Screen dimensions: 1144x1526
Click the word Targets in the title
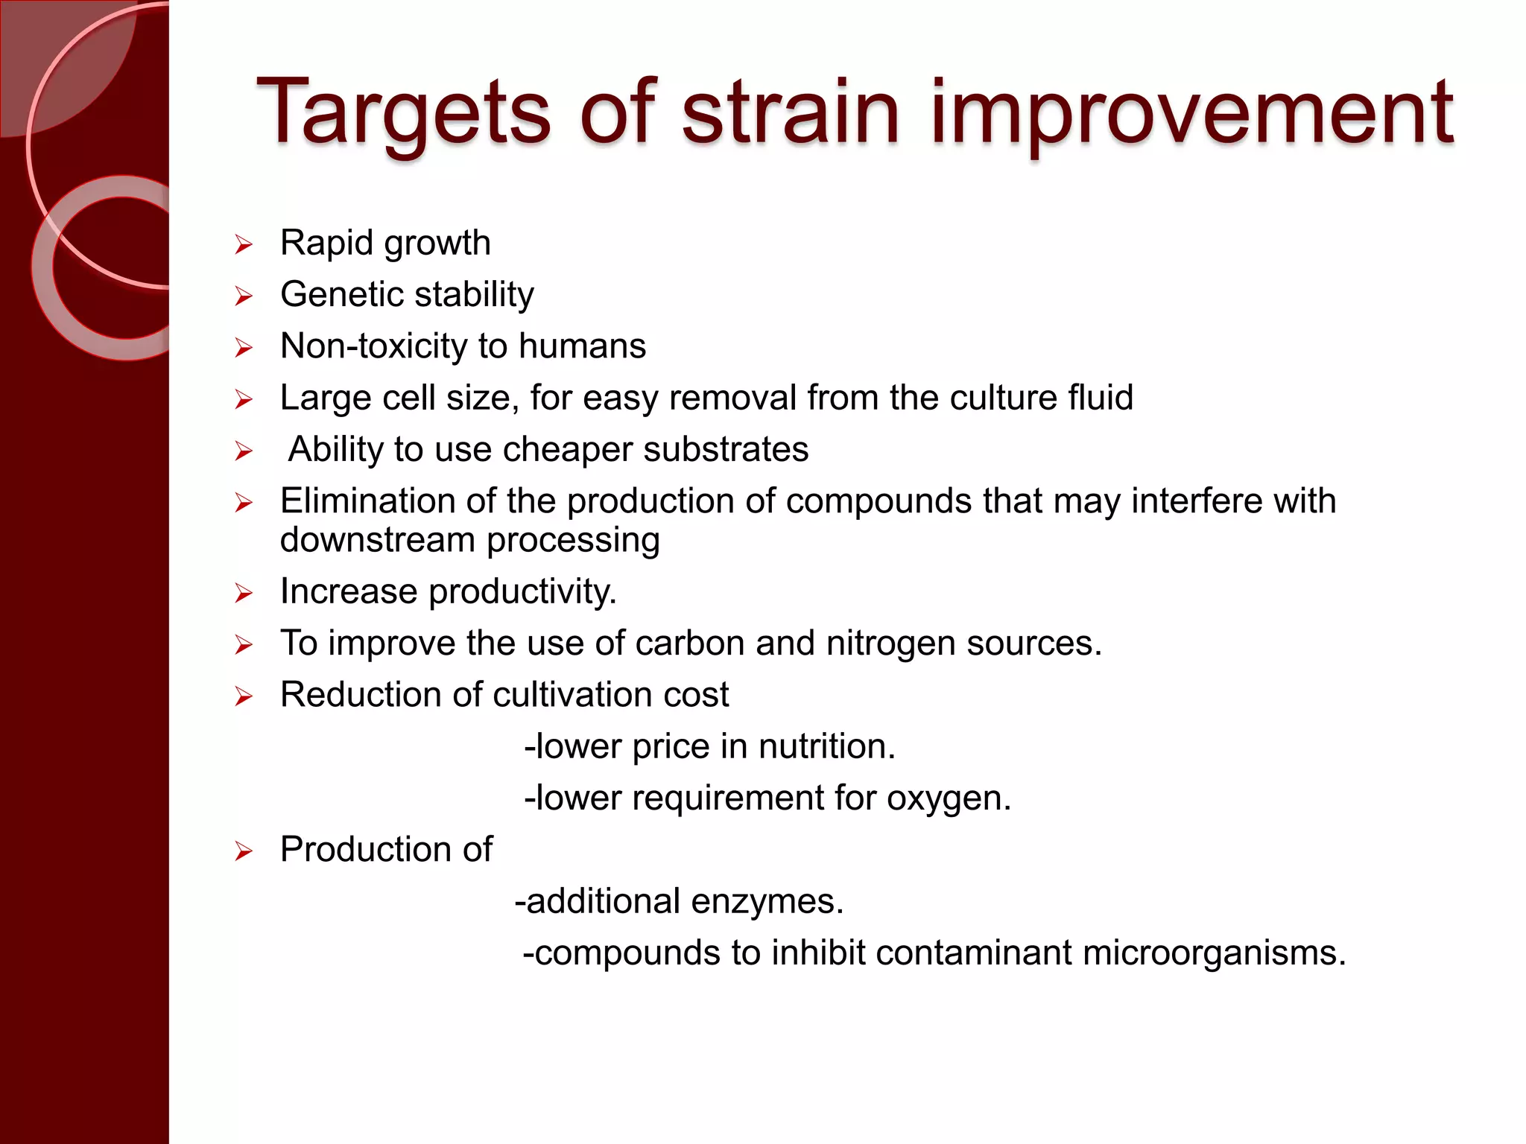402,113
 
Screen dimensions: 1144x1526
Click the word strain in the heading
791,113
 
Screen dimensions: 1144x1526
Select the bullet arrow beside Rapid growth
244,244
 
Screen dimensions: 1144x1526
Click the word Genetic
342,294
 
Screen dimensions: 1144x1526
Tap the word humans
582,346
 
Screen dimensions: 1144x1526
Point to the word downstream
377,540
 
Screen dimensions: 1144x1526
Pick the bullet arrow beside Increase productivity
244,594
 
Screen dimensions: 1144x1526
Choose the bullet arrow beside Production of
244,851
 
